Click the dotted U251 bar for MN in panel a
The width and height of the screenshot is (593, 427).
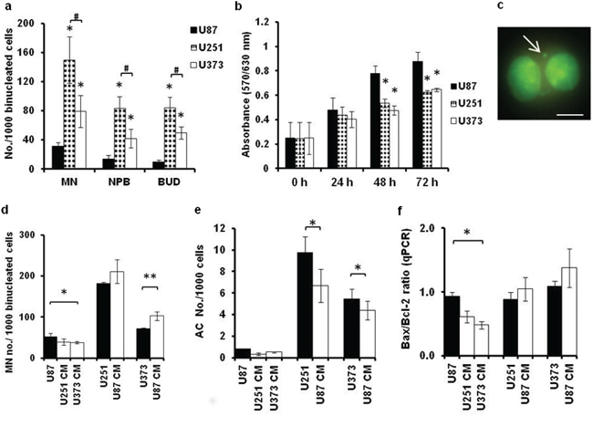click(x=69, y=114)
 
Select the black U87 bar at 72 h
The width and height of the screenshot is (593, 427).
click(x=418, y=115)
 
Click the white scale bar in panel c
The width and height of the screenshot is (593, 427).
click(x=570, y=114)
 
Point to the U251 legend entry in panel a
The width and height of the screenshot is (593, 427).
click(x=206, y=47)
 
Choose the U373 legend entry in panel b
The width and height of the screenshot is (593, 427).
click(x=467, y=121)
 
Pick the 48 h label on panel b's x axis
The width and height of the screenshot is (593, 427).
click(x=385, y=182)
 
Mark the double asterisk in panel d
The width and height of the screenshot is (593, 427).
click(x=151, y=276)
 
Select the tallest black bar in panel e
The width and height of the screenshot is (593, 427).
click(x=306, y=305)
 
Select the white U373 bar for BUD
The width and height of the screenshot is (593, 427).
click(x=182, y=151)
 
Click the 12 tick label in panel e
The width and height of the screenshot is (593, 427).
click(x=219, y=228)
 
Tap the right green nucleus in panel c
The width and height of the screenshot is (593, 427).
click(x=561, y=73)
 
